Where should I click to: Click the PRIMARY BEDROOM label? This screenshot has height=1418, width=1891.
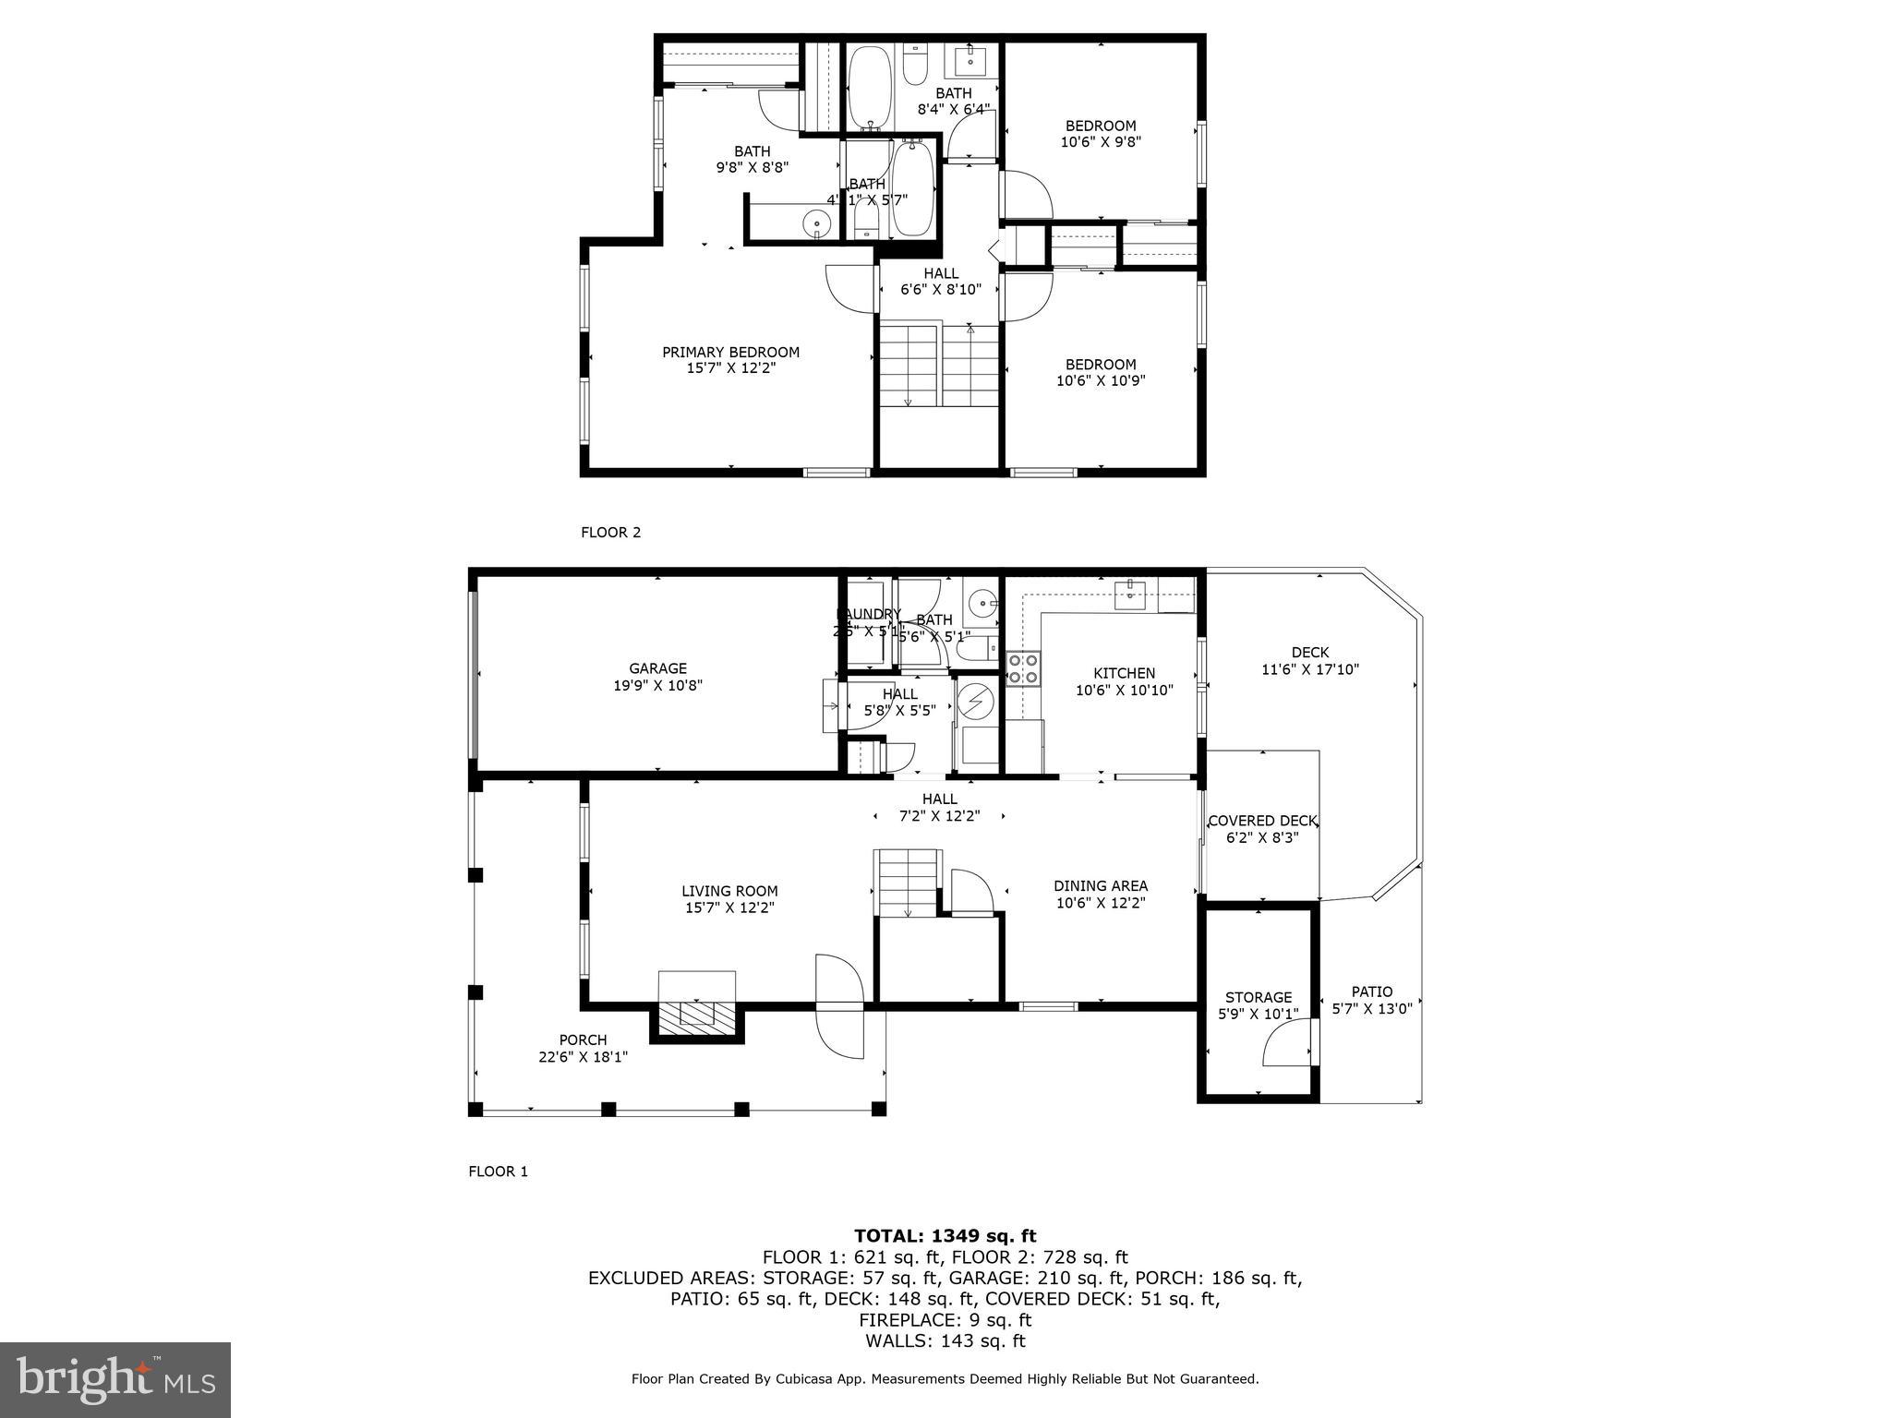(x=730, y=352)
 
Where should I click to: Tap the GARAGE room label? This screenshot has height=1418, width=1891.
(x=657, y=668)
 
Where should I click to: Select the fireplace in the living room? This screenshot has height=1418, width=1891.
(x=697, y=1015)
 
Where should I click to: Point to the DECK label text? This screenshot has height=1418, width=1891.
(x=1309, y=653)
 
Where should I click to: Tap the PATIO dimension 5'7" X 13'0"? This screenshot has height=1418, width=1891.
(x=1371, y=1009)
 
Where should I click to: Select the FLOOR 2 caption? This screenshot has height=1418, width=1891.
(x=610, y=532)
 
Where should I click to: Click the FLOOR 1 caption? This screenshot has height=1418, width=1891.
(x=498, y=1172)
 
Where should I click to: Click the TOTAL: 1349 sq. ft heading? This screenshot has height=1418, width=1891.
(x=945, y=1236)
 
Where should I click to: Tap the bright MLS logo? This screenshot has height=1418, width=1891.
(x=115, y=1380)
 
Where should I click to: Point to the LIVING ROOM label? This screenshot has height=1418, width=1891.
(x=729, y=891)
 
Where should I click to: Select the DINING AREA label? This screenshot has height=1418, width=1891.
(x=1101, y=886)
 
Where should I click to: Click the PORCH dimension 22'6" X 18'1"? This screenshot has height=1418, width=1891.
(x=583, y=1057)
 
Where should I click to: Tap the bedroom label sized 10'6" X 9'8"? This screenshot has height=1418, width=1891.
(x=1101, y=126)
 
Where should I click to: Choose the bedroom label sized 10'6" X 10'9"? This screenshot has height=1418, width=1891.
(x=1101, y=364)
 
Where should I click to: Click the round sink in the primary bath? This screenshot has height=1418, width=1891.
(x=816, y=223)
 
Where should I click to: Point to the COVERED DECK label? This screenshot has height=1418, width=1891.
(x=1261, y=821)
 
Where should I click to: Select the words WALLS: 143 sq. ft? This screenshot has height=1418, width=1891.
(x=945, y=1341)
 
